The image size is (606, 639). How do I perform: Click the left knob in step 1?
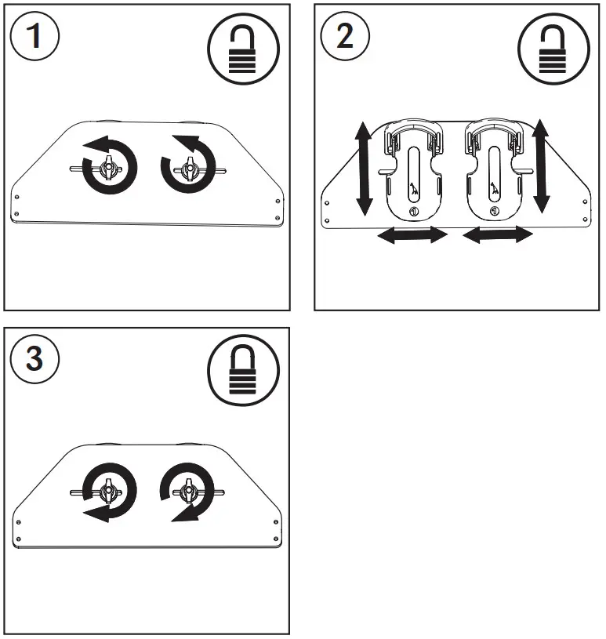point(107,166)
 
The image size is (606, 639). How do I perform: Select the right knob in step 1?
point(188,166)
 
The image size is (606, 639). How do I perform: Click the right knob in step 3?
point(188,492)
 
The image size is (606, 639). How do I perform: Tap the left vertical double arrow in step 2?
point(364,169)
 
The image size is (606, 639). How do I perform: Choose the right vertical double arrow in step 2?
point(540,166)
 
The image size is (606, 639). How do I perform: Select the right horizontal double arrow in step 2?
point(498,235)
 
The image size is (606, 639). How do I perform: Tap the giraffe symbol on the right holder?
point(495,189)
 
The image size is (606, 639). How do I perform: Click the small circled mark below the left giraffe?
point(413,213)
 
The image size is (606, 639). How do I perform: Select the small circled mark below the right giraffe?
point(494,212)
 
